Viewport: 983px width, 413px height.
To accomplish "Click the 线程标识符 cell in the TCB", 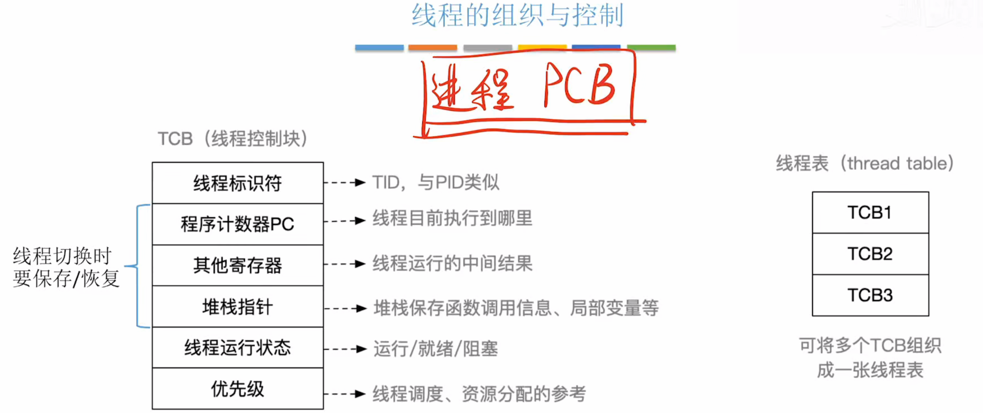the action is click(x=238, y=183).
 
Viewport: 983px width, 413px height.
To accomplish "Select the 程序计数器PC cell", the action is click(x=238, y=224).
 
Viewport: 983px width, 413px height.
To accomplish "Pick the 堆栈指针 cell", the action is click(x=238, y=307).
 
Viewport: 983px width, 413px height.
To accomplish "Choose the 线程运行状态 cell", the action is click(x=238, y=347).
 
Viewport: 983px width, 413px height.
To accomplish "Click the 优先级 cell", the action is click(x=238, y=389).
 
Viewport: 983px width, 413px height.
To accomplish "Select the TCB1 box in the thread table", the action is click(x=870, y=212).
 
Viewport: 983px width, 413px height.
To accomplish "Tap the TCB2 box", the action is click(x=870, y=254).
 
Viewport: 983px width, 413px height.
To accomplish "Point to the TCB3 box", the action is click(x=870, y=295).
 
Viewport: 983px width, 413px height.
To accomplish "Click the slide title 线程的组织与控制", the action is click(x=517, y=15).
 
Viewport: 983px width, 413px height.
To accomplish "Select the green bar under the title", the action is click(x=651, y=48).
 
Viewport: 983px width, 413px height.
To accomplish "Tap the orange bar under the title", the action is click(x=432, y=48).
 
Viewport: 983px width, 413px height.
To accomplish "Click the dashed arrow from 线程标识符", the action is click(x=344, y=183).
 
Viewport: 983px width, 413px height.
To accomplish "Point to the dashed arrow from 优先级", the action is click(x=344, y=394).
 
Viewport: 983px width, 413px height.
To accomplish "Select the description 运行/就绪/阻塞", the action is click(x=435, y=348).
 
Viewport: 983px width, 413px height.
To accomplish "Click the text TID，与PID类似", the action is click(x=435, y=182).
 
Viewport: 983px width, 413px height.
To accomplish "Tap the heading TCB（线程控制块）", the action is click(x=233, y=138).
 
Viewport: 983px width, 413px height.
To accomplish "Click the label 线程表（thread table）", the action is click(x=865, y=163).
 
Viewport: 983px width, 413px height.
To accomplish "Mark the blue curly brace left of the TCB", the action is click(x=137, y=266).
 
